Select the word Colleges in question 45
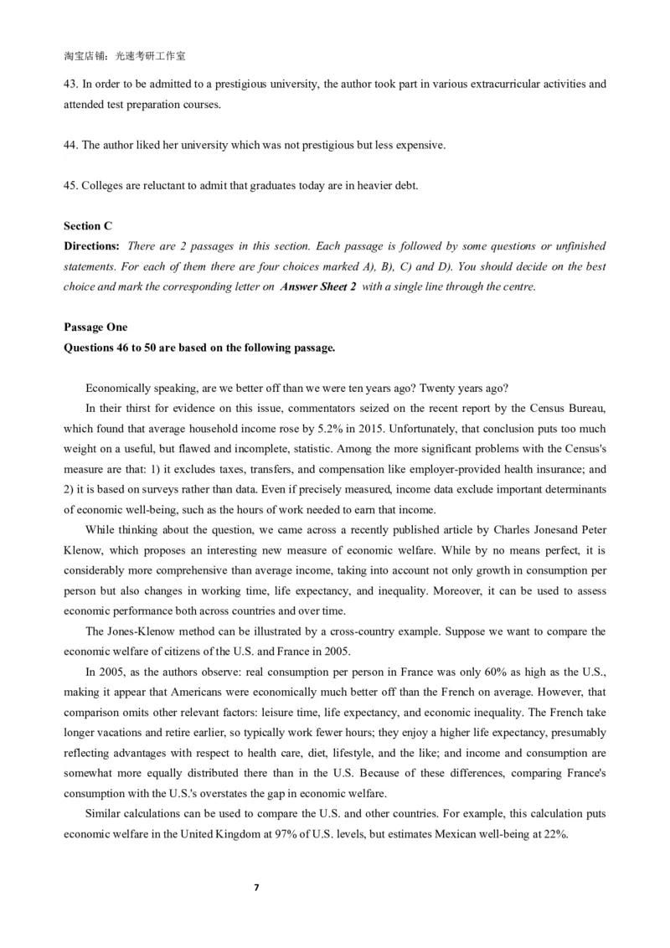tap(103, 185)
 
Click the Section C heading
tap(88, 226)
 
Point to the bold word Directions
tap(91, 246)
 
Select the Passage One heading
tap(95, 327)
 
